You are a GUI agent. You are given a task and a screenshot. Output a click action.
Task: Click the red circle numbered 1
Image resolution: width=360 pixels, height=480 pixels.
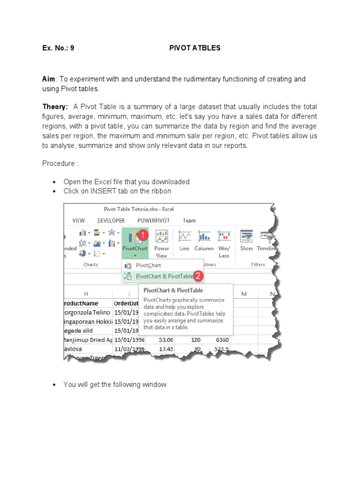click(143, 233)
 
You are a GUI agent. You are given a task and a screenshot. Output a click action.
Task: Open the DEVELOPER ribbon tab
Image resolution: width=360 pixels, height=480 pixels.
click(111, 220)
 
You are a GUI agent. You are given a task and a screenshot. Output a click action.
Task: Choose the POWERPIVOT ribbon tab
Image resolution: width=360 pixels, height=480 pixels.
click(153, 220)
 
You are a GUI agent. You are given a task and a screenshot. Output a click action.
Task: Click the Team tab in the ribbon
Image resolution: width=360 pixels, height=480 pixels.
click(189, 220)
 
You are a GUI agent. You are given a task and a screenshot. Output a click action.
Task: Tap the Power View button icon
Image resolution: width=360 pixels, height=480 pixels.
click(162, 236)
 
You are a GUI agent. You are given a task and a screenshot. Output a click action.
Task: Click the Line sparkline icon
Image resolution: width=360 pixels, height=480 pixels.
click(184, 236)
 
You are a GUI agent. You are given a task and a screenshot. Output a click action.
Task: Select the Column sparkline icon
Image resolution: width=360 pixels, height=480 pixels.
click(204, 236)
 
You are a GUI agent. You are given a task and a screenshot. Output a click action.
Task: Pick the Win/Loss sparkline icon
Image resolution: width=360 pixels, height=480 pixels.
click(224, 236)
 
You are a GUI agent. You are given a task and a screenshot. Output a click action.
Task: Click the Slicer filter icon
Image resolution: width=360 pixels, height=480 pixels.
click(247, 236)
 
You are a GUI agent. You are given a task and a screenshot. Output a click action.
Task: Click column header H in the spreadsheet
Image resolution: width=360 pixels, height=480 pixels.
click(86, 293)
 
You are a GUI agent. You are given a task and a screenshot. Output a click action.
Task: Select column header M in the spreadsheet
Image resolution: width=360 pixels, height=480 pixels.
click(244, 293)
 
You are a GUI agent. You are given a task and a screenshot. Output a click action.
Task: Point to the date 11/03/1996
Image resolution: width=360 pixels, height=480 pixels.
click(130, 349)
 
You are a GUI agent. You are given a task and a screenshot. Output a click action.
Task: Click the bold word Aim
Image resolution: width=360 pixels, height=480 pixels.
click(49, 79)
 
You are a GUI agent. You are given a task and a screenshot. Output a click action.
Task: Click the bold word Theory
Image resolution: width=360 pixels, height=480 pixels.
click(54, 107)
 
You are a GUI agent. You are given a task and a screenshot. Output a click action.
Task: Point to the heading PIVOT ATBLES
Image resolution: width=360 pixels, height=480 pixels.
click(195, 48)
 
